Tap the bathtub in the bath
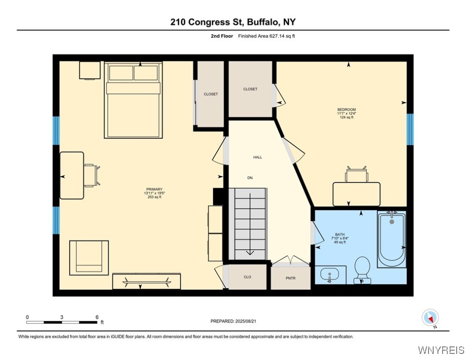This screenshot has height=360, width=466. pos(392,239)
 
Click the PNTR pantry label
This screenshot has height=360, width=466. pos(291,278)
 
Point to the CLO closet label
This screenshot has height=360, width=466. pos(247,277)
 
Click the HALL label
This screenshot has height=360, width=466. pos(258,157)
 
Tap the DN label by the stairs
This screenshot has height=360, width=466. pos(250,178)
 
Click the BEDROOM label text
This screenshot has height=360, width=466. pos(346,110)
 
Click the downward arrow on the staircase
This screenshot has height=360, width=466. pos(250,252)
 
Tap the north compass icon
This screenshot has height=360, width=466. pos(429,318)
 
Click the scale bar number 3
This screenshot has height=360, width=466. pos(62,317)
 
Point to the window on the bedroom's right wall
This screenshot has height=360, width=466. pos(410,129)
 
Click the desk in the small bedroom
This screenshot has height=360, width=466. pos(356,194)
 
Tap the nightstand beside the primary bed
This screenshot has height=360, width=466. pos(89,70)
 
